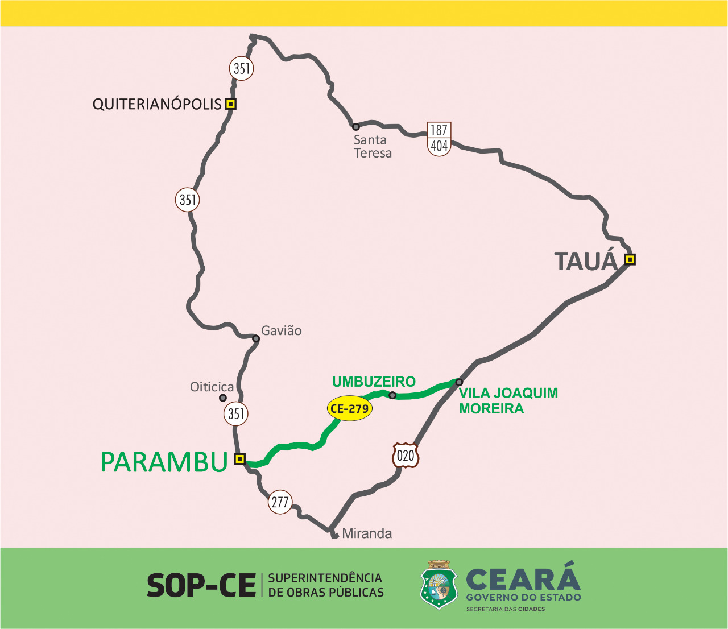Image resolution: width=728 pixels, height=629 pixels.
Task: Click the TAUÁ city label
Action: (585, 262)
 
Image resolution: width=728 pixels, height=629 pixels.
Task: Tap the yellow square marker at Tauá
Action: (630, 259)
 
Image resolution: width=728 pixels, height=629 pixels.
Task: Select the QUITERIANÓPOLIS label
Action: (157, 104)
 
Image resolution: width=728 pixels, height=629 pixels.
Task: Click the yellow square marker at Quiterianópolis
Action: (230, 104)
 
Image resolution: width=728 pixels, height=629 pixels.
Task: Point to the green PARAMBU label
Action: (164, 462)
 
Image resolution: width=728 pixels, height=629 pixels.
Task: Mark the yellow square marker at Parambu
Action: (240, 458)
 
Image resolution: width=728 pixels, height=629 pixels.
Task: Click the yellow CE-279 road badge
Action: (350, 408)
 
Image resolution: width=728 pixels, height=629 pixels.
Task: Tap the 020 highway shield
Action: (406, 455)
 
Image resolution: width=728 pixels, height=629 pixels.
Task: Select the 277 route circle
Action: (280, 502)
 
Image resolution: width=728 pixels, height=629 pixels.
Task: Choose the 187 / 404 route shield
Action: (439, 138)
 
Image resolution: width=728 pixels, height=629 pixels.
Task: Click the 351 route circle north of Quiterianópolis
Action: (242, 69)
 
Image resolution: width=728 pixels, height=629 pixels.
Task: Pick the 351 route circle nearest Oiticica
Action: (236, 413)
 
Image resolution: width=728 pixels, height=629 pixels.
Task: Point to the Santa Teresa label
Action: (373, 146)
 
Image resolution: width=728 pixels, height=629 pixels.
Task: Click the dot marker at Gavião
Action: (256, 338)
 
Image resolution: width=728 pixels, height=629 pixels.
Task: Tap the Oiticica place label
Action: (212, 387)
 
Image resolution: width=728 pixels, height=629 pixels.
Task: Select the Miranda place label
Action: (367, 533)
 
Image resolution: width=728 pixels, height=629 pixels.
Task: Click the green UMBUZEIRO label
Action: (374, 382)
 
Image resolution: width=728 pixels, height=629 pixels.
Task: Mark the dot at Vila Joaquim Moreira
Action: (459, 382)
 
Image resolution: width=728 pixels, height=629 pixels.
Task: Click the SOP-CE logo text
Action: (201, 585)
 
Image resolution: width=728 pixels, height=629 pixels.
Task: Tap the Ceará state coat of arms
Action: (439, 585)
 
